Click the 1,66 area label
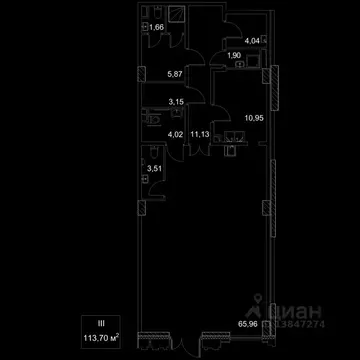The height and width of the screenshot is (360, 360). [x=155, y=28]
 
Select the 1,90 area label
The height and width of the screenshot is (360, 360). [x=234, y=57]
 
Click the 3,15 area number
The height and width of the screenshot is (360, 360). [x=174, y=100]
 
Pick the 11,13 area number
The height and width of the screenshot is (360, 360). [x=199, y=132]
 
